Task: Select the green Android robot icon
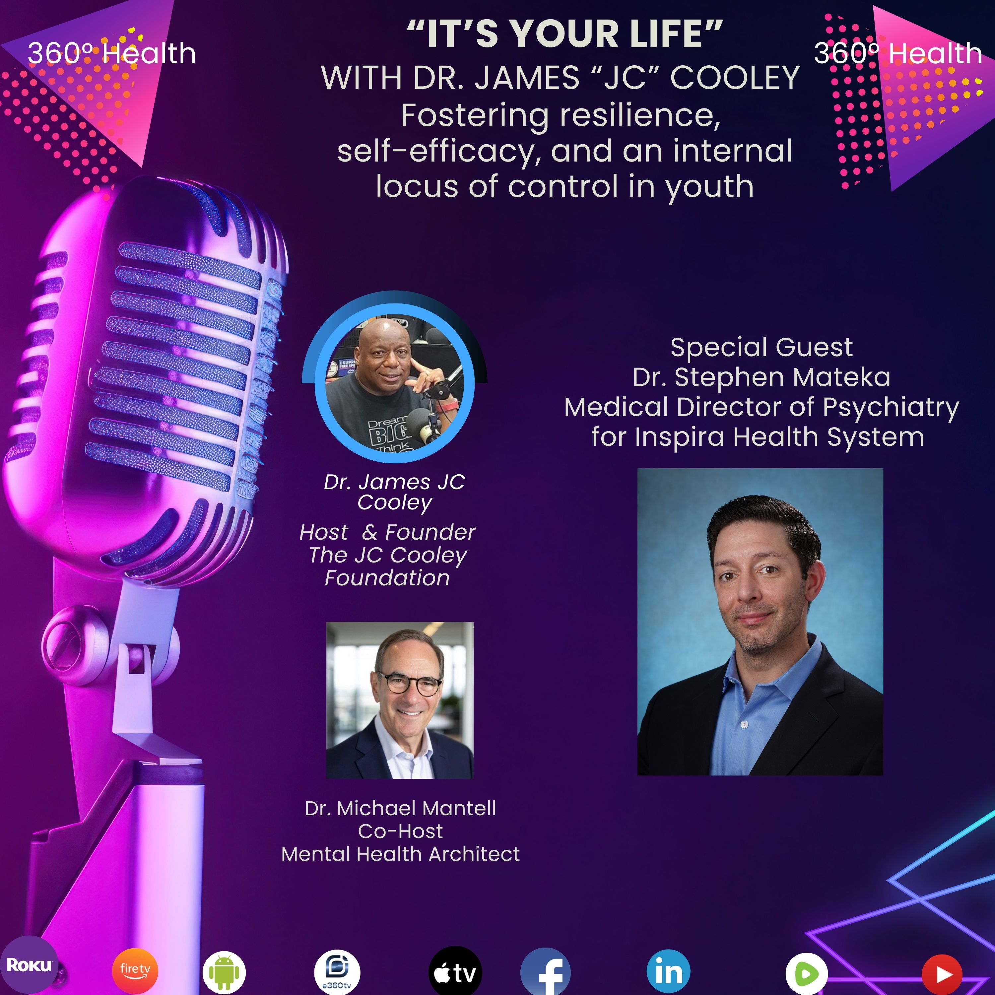(x=224, y=973)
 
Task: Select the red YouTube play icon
(x=942, y=974)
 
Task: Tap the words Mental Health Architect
(x=400, y=854)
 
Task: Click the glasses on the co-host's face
(x=410, y=684)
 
